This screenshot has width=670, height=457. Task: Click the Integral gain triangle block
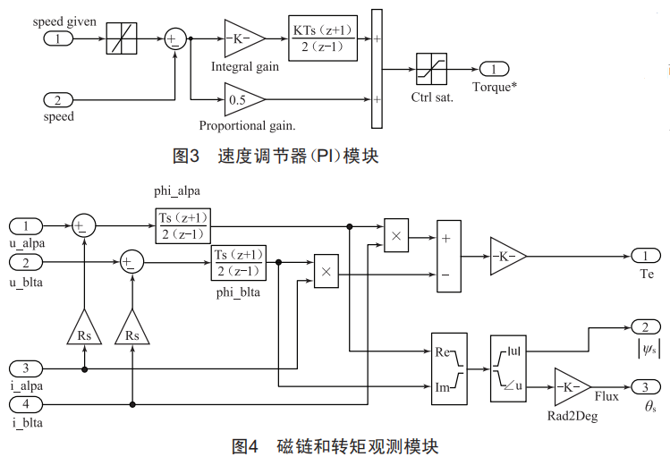tap(242, 38)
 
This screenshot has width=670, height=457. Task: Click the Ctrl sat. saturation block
tap(431, 69)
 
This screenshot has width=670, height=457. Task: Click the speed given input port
tap(59, 38)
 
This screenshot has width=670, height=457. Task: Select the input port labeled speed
tap(59, 99)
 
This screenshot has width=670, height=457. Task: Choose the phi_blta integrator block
tap(238, 263)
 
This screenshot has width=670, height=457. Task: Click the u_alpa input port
tap(30, 225)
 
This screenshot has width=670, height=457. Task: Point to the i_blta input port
tap(30, 405)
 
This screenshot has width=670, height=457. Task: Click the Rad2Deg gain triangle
tap(572, 386)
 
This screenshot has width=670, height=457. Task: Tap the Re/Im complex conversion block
tap(449, 368)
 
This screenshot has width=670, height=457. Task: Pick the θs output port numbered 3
tap(646, 386)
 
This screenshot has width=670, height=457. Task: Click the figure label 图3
tap(185, 156)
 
